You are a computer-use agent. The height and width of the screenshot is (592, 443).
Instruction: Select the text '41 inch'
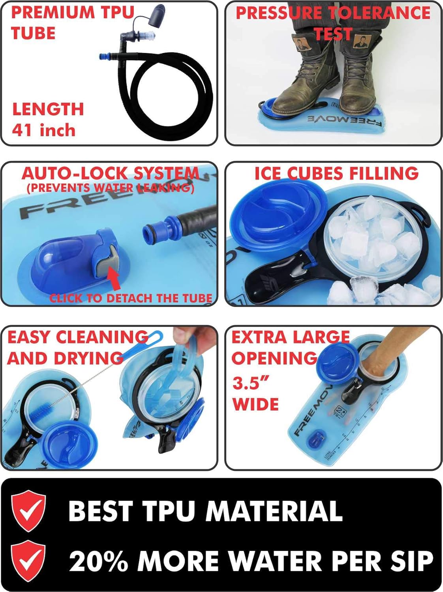pyautogui.click(x=43, y=129)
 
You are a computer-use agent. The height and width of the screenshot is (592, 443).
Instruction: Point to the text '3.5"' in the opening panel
pyautogui.click(x=251, y=382)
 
